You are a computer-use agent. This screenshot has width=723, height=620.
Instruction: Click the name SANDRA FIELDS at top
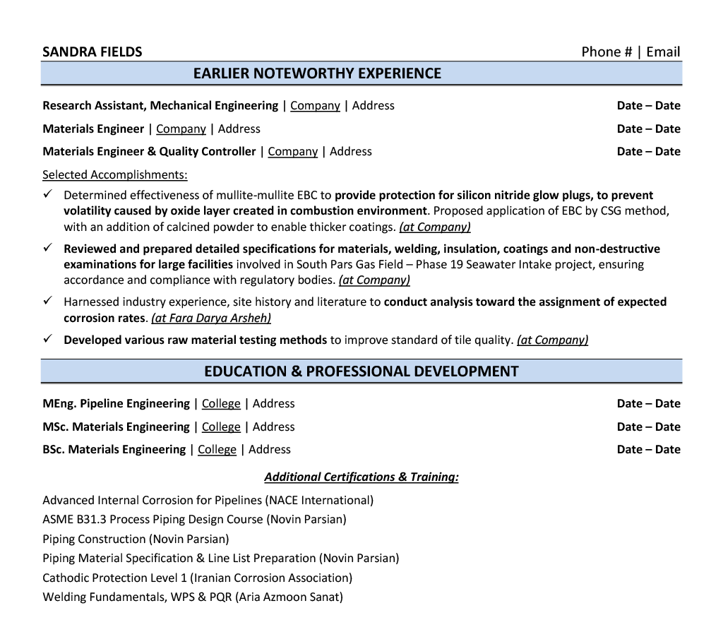(x=92, y=52)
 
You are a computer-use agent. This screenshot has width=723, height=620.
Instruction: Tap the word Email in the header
(x=663, y=52)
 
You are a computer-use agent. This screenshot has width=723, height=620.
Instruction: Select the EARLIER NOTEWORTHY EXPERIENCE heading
(x=317, y=73)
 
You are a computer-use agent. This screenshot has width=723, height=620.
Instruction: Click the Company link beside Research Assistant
(x=315, y=106)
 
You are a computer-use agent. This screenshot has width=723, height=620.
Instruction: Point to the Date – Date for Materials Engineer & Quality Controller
(x=648, y=151)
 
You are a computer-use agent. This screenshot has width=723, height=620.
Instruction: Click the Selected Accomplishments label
(x=115, y=174)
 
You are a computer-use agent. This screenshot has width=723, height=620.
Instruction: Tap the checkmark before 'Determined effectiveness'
(x=47, y=194)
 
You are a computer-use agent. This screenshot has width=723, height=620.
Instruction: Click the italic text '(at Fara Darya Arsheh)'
(x=211, y=318)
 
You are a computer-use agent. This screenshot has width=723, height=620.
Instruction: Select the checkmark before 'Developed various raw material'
(x=47, y=339)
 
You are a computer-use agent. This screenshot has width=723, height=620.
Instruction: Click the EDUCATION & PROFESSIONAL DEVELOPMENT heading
(x=361, y=371)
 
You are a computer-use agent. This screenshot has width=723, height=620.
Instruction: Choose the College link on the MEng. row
(x=221, y=404)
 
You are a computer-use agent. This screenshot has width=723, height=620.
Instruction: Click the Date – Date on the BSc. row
(x=648, y=449)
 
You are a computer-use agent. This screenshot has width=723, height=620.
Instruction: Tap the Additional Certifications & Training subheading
(x=361, y=477)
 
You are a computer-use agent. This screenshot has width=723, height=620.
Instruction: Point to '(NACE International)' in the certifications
(x=319, y=501)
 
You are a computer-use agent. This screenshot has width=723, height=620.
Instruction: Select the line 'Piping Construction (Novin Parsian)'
(x=136, y=539)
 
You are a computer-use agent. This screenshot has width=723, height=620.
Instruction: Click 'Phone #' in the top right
(x=607, y=52)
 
